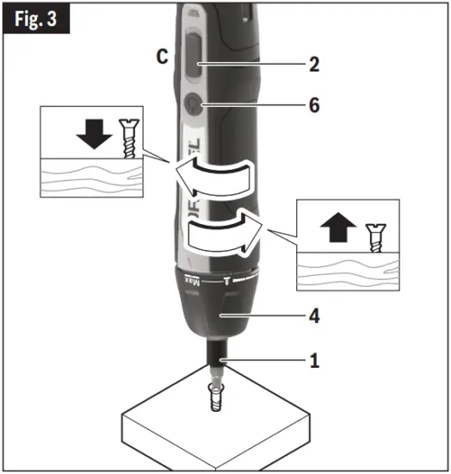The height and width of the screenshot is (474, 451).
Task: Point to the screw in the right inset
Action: tap(374, 235)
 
